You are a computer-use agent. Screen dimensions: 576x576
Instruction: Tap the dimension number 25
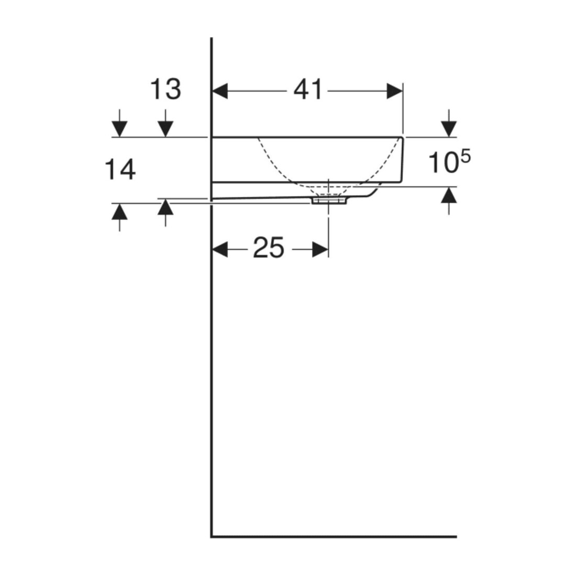click(x=269, y=248)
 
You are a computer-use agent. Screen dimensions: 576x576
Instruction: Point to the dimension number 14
click(x=120, y=169)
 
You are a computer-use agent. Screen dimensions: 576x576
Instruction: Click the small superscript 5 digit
click(x=466, y=157)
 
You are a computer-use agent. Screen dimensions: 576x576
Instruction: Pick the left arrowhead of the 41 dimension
click(x=220, y=91)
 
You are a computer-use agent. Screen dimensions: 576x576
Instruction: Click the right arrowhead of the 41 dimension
click(x=395, y=91)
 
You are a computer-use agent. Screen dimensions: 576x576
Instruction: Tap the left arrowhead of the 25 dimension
click(x=220, y=250)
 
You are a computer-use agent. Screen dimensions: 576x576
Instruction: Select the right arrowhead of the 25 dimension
click(x=320, y=250)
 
